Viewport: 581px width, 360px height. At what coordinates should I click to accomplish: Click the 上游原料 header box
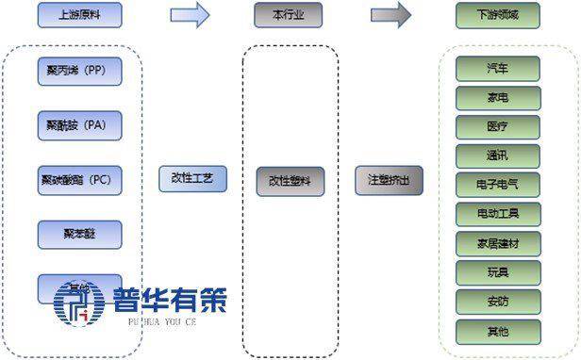[80, 15]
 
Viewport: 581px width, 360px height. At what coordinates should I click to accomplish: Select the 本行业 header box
[288, 15]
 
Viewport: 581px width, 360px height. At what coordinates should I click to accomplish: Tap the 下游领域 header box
[498, 15]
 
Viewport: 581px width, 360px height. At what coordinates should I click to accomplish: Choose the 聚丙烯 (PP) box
[80, 72]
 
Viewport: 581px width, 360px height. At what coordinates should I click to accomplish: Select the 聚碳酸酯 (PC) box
[80, 179]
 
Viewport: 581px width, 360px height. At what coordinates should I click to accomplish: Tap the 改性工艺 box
[193, 178]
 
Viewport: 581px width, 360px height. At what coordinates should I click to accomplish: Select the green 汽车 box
[498, 68]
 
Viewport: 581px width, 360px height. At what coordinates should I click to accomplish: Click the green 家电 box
[498, 97]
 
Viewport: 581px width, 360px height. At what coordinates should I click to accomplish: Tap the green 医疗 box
[498, 126]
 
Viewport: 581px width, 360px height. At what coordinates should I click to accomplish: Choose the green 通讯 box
[498, 155]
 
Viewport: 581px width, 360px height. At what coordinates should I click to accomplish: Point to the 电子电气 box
[498, 185]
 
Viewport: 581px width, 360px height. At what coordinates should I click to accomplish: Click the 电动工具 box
[498, 214]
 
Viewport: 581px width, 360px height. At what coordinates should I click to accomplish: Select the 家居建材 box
[498, 243]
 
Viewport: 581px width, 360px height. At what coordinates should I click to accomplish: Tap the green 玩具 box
[498, 272]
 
